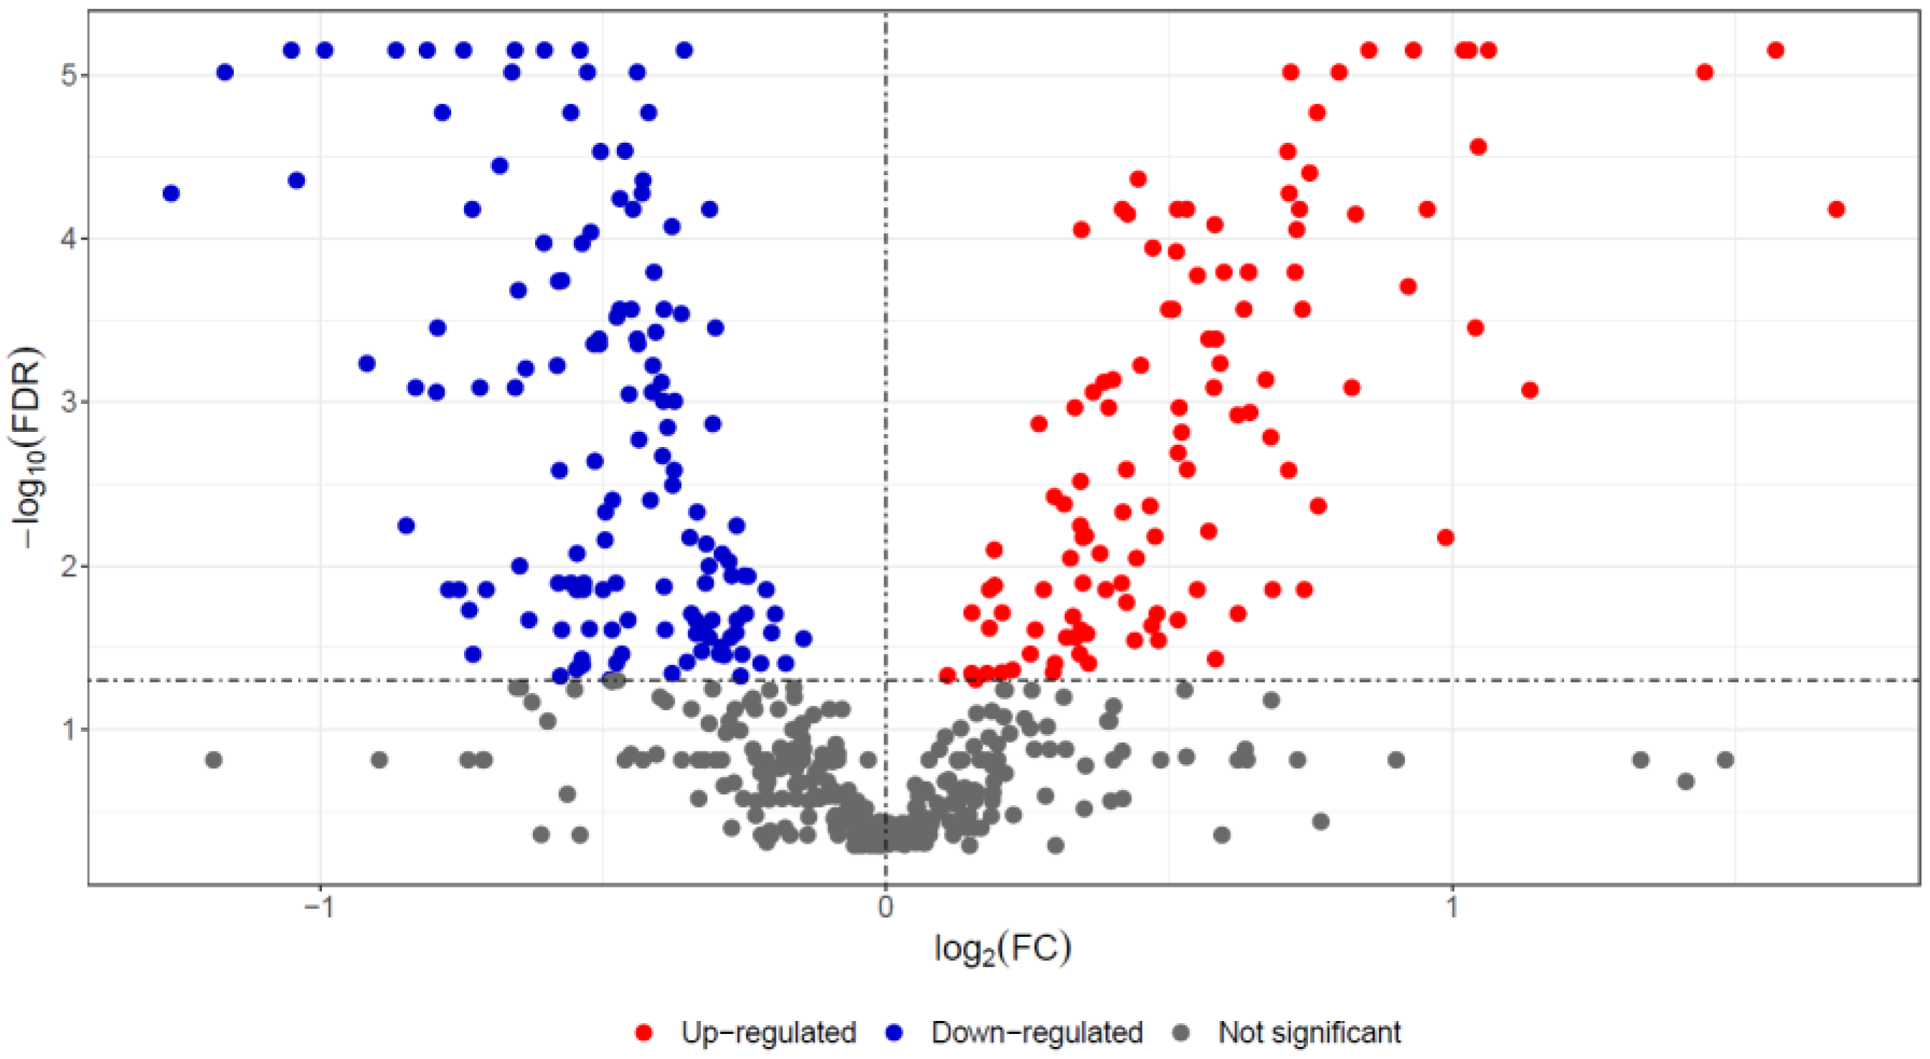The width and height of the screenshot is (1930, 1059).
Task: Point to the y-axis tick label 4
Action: tap(69, 239)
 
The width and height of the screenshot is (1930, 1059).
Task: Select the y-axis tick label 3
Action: tap(69, 403)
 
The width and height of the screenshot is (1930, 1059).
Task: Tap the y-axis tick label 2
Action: tap(69, 566)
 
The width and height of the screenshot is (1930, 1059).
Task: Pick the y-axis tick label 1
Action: tap(69, 729)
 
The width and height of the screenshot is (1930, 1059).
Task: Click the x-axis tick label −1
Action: tap(318, 908)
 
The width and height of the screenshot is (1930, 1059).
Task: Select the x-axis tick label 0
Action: tap(886, 908)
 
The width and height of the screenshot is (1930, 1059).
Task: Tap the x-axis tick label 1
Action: tap(1452, 908)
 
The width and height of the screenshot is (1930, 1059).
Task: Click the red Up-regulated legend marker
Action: tap(643, 1032)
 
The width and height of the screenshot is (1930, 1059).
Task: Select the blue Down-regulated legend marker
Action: tap(894, 1032)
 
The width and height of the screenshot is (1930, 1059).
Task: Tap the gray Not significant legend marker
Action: tap(1181, 1032)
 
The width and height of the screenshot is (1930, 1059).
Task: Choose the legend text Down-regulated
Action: tap(1037, 1032)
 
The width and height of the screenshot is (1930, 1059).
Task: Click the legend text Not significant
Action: tap(1310, 1032)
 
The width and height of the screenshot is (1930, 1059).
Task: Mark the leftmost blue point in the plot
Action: tap(171, 194)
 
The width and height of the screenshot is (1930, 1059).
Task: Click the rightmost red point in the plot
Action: tap(1836, 209)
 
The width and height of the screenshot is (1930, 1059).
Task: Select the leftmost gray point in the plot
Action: tap(214, 760)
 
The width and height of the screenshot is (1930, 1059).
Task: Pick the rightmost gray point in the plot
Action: tap(1726, 760)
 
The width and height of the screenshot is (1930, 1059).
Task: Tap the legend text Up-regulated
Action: tap(769, 1032)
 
